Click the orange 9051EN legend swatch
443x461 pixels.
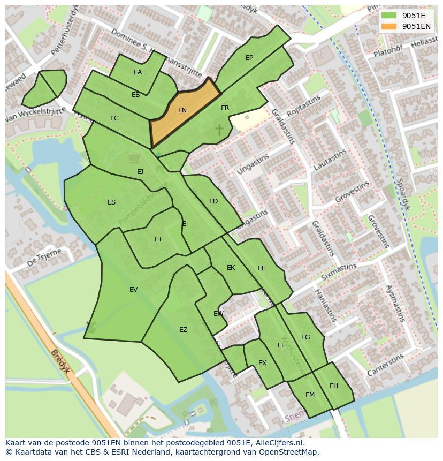(x=389, y=26)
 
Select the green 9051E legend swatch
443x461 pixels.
(x=389, y=16)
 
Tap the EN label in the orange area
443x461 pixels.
(x=182, y=110)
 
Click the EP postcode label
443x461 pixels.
(x=249, y=58)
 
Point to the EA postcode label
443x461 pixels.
(x=138, y=72)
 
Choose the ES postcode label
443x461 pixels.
(x=111, y=202)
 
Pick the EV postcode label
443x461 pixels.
(x=133, y=290)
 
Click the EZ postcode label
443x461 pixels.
(x=183, y=330)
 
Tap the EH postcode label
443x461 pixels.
(x=334, y=386)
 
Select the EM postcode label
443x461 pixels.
(x=310, y=395)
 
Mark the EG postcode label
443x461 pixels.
(x=305, y=337)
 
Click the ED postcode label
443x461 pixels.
(x=213, y=201)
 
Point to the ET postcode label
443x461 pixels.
(x=158, y=239)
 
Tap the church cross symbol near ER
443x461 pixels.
(x=219, y=129)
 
